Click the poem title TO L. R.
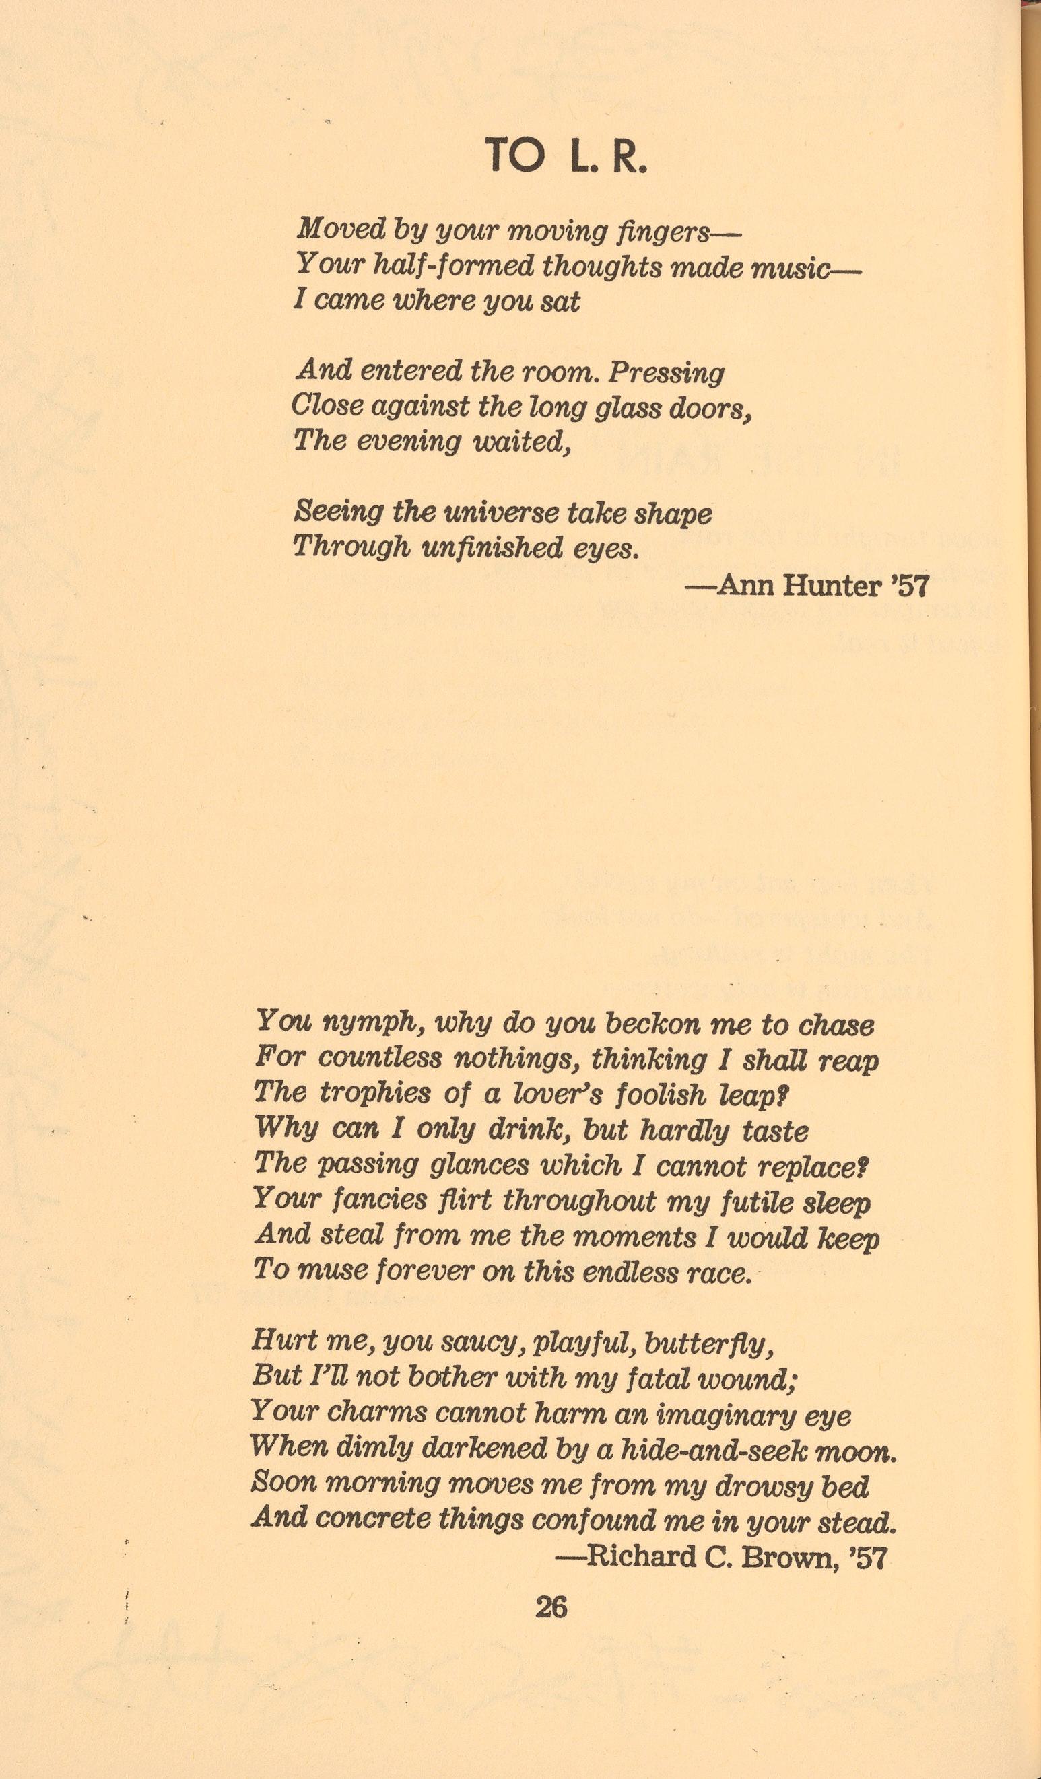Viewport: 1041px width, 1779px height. tap(566, 156)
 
